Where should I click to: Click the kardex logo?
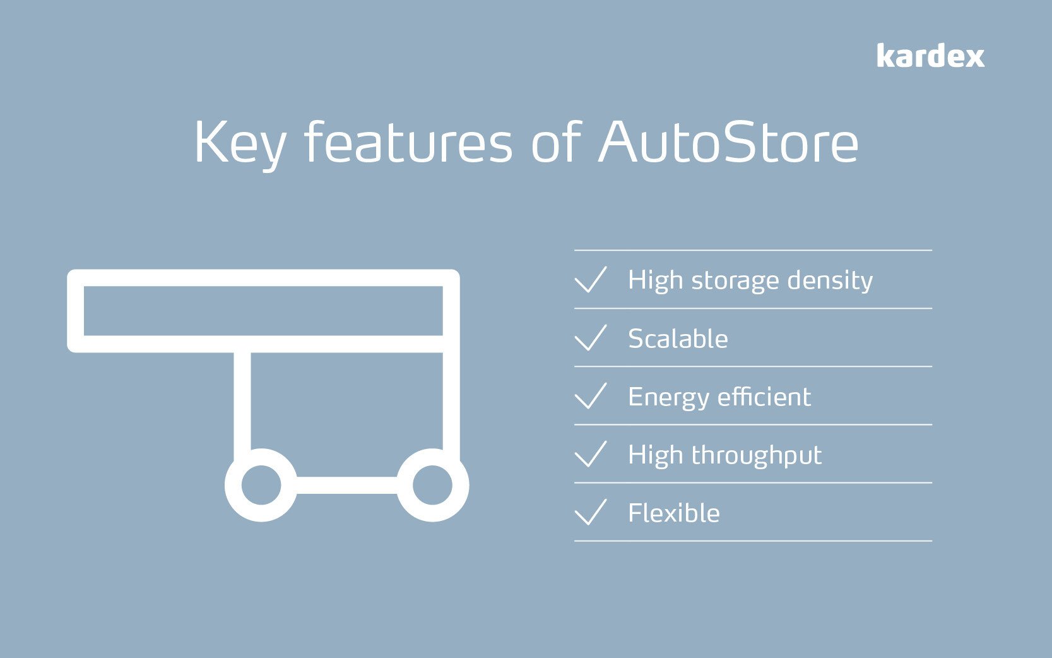point(930,56)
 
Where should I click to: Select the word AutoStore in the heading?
point(729,142)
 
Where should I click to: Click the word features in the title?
point(408,142)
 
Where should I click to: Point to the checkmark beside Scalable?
point(591,337)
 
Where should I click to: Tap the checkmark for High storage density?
point(591,279)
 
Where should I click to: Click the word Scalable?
point(678,338)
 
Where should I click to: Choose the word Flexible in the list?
point(673,513)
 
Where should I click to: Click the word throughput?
point(757,456)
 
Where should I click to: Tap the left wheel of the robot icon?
point(261,485)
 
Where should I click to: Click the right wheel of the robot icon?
point(432,485)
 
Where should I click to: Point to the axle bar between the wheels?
point(346,485)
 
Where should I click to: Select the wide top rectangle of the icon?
point(263,311)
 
